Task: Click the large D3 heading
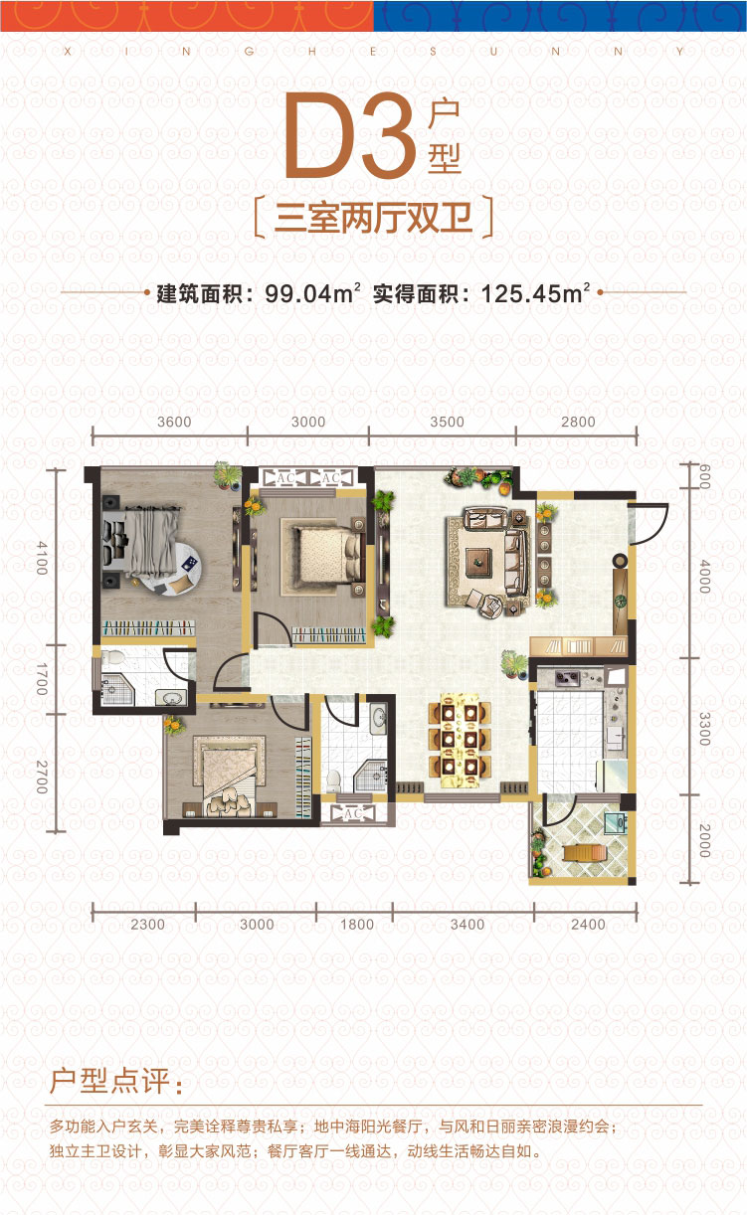pos(351,135)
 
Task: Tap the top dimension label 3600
pos(174,422)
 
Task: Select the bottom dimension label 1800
pos(357,925)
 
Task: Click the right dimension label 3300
pos(704,729)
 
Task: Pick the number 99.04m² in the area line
pos(312,293)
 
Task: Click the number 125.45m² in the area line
pos(535,293)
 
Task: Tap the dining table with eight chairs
pos(460,740)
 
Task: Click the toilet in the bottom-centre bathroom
pos(332,780)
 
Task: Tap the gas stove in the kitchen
pos(567,677)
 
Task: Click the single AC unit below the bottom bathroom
pos(353,813)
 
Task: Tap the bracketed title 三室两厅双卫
pos(373,218)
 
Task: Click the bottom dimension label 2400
pos(588,925)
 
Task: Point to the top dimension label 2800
pos(578,422)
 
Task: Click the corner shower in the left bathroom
pos(116,690)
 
